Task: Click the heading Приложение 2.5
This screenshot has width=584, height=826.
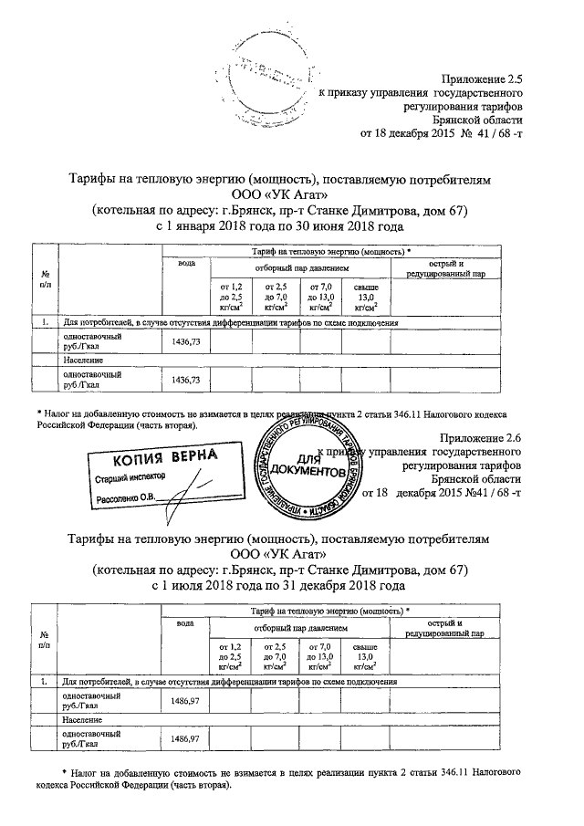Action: (482, 80)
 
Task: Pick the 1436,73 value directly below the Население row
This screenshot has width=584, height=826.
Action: (185, 380)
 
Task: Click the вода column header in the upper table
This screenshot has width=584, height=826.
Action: (186, 265)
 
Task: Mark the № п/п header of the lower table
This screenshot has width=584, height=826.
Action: (45, 639)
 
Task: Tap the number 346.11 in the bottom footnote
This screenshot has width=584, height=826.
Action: (455, 772)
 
